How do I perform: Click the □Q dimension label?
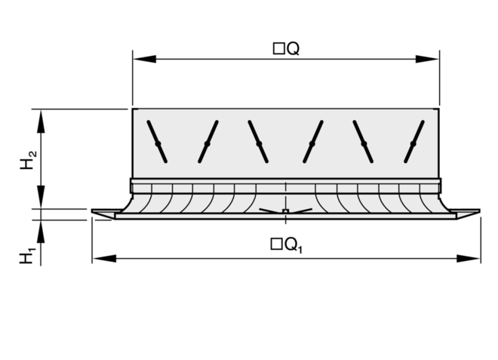[287, 48]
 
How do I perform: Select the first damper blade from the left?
[157, 142]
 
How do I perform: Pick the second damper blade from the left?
[208, 142]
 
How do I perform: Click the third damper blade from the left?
[258, 142]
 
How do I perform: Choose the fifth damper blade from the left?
[363, 142]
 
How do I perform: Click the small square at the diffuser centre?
[285, 210]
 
